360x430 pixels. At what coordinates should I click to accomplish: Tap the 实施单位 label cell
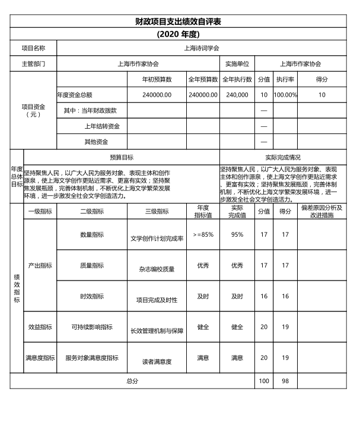[x=237, y=63]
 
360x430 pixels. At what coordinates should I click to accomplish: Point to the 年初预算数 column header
[x=157, y=79]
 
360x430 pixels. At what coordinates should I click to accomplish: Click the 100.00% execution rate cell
[x=285, y=94]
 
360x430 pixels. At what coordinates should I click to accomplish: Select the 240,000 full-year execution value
[x=237, y=94]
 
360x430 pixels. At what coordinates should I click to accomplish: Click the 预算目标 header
[x=122, y=158]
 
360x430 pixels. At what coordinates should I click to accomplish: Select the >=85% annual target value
[x=203, y=235]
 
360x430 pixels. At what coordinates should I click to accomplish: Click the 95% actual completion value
[x=237, y=235]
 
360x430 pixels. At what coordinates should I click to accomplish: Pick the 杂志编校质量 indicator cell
[x=157, y=268]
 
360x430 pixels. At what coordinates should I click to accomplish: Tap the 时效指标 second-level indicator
[x=92, y=296]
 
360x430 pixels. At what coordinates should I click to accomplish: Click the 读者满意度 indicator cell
[x=157, y=361]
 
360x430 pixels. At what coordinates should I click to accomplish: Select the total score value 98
[x=285, y=381]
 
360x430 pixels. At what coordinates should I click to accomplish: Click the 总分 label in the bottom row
[x=132, y=381]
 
